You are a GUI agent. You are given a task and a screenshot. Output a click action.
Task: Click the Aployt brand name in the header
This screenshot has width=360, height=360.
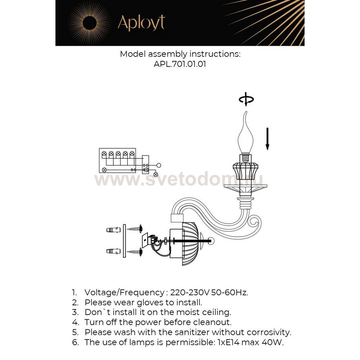coord(141,23)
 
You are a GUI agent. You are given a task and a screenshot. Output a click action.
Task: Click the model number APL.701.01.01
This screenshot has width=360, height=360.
coord(180,64)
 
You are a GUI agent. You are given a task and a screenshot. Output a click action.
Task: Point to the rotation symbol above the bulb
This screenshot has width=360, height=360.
coord(247,100)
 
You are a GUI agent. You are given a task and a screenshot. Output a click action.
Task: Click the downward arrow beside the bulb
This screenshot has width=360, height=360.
coord(267,138)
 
